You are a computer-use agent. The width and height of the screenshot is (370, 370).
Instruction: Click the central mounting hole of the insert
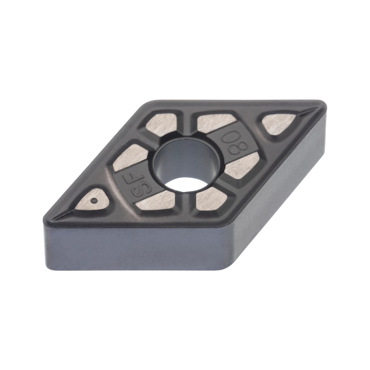coord(187,166)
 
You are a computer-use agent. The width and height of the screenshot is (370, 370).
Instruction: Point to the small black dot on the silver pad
coord(94,200)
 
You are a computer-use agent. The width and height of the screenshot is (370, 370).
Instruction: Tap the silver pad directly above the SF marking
coord(131,157)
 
